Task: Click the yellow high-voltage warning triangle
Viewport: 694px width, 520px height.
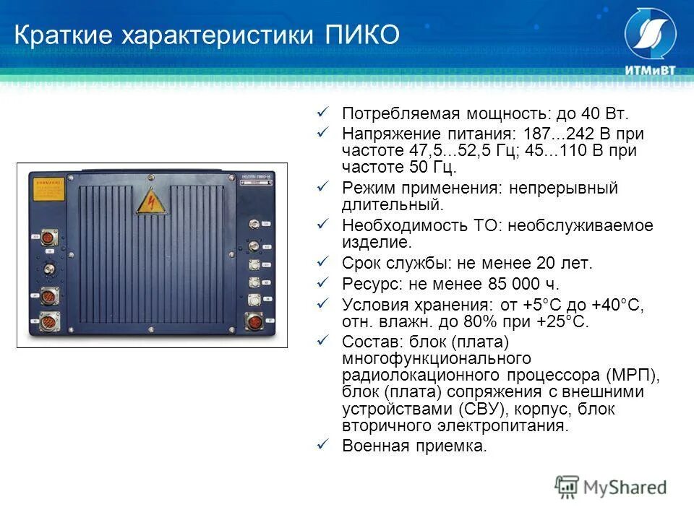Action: [x=152, y=200]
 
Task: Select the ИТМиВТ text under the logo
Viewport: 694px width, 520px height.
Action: [x=649, y=71]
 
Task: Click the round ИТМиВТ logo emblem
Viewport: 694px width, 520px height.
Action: [x=650, y=35]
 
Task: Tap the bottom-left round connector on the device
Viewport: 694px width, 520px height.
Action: [x=50, y=321]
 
